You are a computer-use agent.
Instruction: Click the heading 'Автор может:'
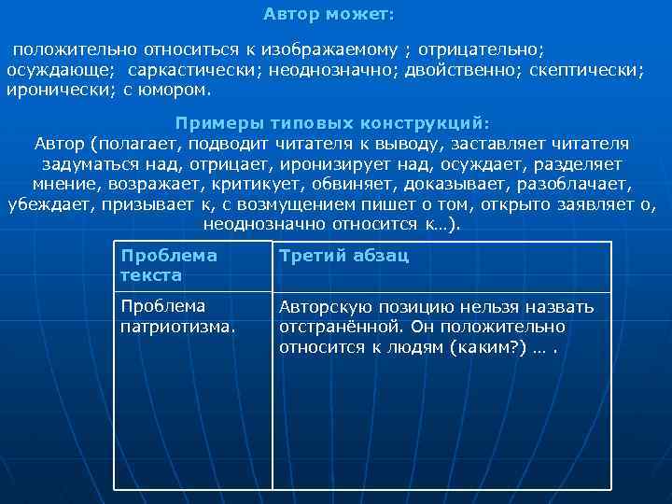coord(329,15)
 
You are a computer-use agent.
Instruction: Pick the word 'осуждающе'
coord(60,70)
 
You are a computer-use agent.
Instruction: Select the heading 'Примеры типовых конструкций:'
coord(331,123)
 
